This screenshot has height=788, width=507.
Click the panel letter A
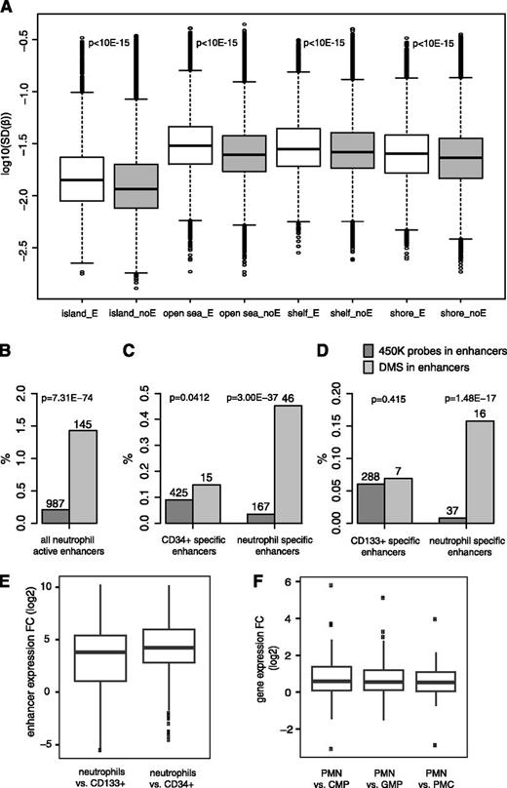(x=9, y=9)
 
